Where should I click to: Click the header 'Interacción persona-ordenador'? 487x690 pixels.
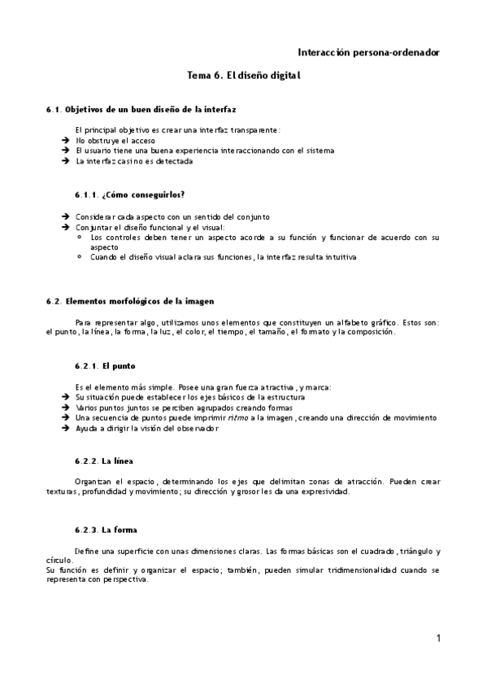click(x=369, y=52)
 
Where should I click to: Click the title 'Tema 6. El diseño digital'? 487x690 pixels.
click(x=244, y=76)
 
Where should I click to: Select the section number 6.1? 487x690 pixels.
click(x=54, y=109)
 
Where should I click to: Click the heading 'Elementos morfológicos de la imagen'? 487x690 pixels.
click(x=133, y=301)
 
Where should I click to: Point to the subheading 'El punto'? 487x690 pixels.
click(x=113, y=365)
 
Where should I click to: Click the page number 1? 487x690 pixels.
click(x=438, y=639)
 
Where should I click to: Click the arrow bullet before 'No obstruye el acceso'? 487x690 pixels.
click(x=64, y=140)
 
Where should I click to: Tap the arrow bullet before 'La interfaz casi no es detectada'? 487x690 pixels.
click(x=64, y=161)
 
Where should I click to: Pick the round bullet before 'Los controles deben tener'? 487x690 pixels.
click(x=80, y=238)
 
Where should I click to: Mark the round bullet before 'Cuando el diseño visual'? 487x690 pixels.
click(x=80, y=257)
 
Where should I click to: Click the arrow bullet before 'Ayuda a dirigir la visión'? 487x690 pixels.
click(x=64, y=428)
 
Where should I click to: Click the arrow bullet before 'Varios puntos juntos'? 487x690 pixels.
click(x=64, y=407)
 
